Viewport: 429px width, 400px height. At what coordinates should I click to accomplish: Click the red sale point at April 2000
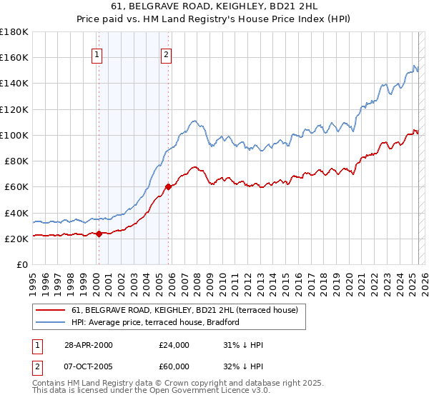[98, 234]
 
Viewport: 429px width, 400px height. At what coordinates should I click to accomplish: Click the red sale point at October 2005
[168, 187]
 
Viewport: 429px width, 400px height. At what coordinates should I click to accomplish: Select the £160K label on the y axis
[14, 57]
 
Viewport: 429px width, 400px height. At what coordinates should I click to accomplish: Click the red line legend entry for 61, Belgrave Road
[189, 310]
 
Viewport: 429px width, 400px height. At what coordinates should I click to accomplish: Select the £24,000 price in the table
[174, 345]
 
